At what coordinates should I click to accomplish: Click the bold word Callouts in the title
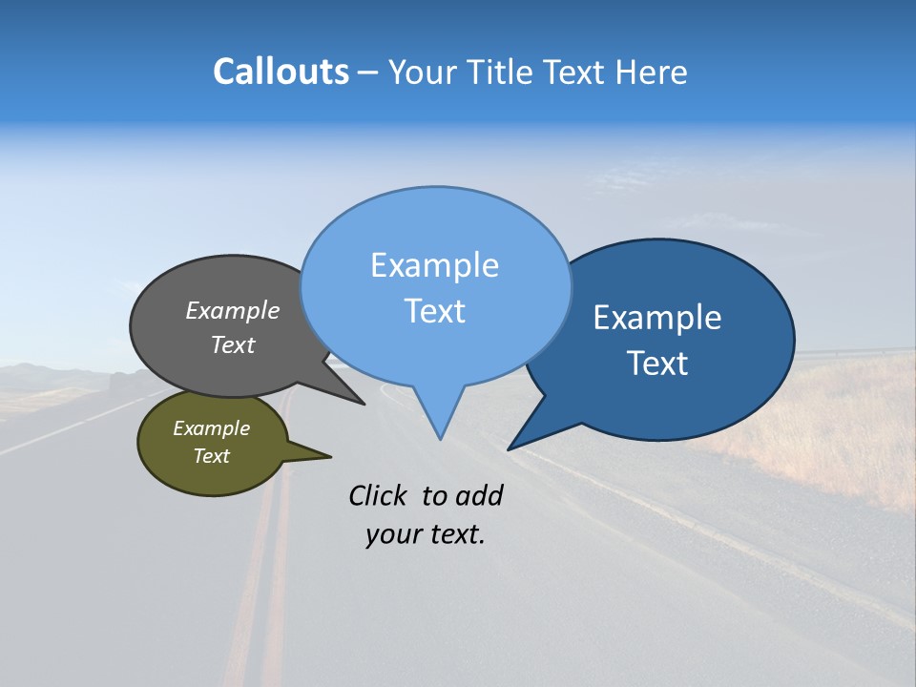281,72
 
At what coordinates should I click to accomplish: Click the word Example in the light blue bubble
434,265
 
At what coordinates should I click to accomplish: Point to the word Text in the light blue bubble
434,311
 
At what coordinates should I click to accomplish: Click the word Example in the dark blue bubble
657,318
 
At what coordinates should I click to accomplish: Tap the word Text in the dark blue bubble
657,364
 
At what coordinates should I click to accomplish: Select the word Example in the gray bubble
233,310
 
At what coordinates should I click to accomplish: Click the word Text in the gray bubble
233,344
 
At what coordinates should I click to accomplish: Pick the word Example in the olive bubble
211,428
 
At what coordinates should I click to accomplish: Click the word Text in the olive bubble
211,456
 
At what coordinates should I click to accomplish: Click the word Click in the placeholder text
380,495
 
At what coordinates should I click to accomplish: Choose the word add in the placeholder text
479,495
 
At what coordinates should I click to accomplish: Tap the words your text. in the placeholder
425,534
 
